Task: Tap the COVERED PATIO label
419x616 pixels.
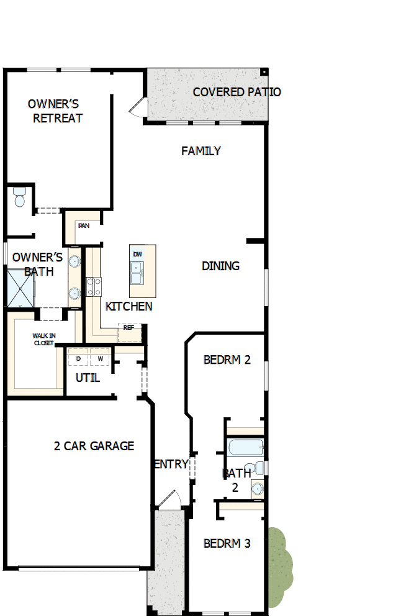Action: pos(237,92)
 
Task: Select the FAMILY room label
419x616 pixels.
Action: pos(201,151)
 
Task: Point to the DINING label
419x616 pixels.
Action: pos(220,266)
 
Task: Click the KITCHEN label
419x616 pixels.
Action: pos(128,306)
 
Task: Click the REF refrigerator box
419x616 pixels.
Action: pos(129,328)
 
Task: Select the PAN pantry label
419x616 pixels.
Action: pos(84,225)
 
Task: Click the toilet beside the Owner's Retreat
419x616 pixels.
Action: pos(19,197)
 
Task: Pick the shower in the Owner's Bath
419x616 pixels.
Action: pos(20,288)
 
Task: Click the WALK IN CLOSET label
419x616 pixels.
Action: pos(44,338)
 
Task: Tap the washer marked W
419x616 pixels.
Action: pos(99,359)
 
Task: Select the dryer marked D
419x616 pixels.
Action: pos(78,359)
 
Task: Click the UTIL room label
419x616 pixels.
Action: pos(88,378)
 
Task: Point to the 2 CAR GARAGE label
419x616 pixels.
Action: pos(94,446)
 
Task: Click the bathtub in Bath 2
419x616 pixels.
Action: pos(245,447)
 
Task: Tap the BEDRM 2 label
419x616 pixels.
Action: pos(227,360)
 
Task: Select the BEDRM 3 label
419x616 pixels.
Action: pos(227,543)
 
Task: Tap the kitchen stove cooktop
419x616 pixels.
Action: pos(94,286)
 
